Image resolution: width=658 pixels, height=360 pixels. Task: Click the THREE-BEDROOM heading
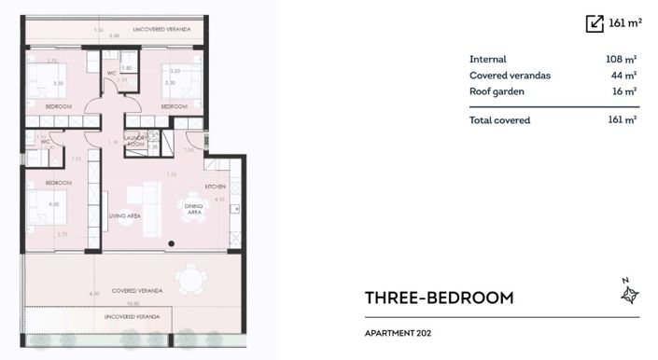(x=440, y=298)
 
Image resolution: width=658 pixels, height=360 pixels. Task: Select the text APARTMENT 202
(x=399, y=332)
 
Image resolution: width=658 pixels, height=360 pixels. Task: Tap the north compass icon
(x=628, y=293)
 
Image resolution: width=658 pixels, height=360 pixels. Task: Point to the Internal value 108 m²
(x=621, y=59)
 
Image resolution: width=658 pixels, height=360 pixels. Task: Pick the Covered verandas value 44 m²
(x=623, y=76)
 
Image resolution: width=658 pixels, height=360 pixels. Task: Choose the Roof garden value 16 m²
(x=623, y=91)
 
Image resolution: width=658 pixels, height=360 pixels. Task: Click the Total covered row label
(x=499, y=120)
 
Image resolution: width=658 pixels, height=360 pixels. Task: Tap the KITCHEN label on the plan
(x=216, y=186)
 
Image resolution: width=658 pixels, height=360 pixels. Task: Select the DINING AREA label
(x=195, y=210)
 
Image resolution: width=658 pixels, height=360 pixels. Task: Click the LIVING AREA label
(x=123, y=215)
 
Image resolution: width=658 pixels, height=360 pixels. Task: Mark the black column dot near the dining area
(x=171, y=243)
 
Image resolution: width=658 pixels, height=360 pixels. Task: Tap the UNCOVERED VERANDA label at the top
(x=161, y=30)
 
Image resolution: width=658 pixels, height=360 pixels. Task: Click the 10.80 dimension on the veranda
(x=133, y=302)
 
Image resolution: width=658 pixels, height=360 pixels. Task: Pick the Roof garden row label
(x=497, y=91)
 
